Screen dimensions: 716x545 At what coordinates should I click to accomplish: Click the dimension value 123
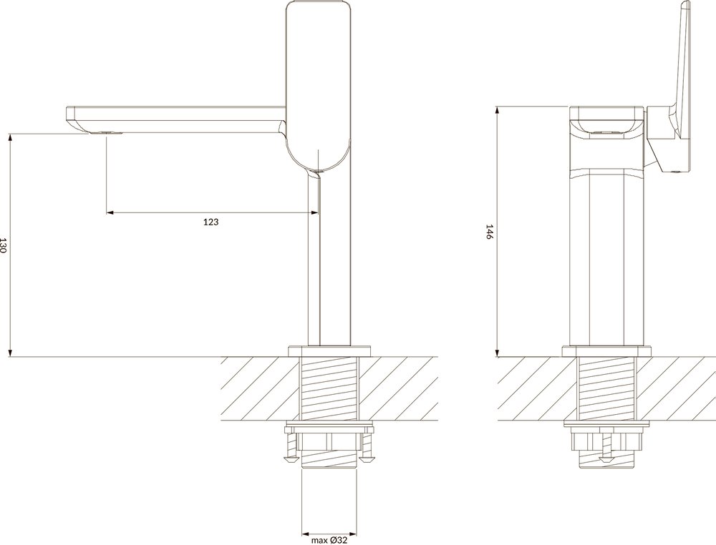click(x=211, y=222)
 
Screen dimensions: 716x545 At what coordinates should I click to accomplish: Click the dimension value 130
click(x=4, y=245)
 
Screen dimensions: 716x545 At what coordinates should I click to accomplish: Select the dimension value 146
click(x=488, y=232)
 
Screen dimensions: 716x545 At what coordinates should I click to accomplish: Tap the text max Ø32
click(x=329, y=541)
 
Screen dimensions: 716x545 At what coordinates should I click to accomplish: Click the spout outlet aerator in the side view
click(x=107, y=133)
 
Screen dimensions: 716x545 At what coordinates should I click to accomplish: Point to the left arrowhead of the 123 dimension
click(x=109, y=212)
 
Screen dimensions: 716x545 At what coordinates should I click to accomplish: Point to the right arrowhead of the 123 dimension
click(x=314, y=212)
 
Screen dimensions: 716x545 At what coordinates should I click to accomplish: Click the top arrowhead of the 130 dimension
click(x=10, y=137)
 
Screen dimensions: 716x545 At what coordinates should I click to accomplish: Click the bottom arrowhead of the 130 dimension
click(x=10, y=353)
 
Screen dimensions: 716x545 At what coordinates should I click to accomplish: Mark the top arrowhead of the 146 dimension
click(x=498, y=109)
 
